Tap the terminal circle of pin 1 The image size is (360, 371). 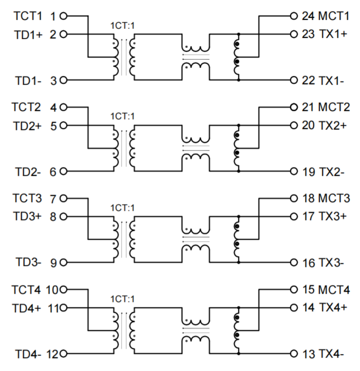(x=63, y=16)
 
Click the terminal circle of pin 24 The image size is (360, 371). (x=294, y=16)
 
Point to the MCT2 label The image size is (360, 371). (x=333, y=107)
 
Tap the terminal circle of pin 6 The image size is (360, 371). (x=63, y=172)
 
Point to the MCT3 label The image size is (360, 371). (x=333, y=198)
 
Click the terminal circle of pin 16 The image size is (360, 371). (x=294, y=263)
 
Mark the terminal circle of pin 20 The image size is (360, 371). (x=294, y=126)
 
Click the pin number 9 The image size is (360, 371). (x=54, y=263)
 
